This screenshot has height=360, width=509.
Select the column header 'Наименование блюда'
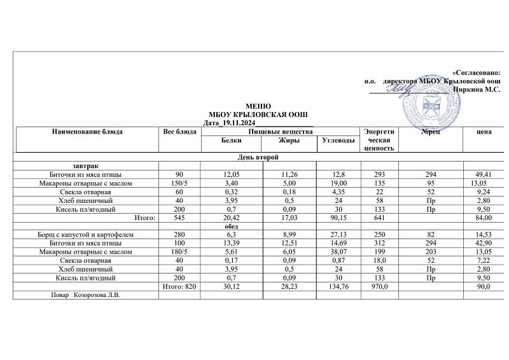coord(87,132)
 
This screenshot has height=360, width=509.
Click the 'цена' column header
coord(484,132)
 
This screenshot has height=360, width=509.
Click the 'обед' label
coord(230,226)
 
